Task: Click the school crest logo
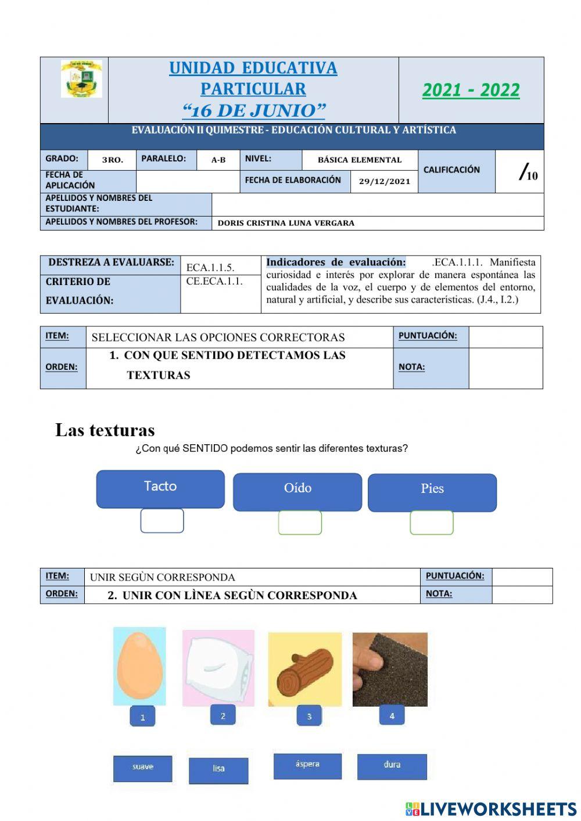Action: tap(81, 78)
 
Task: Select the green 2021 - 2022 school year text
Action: tap(471, 90)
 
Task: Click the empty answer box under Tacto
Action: tap(162, 521)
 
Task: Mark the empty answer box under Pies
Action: tap(432, 523)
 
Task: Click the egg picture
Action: tap(139, 666)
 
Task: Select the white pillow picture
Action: tap(218, 668)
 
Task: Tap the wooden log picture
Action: tap(305, 669)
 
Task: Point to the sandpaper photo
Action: tap(390, 669)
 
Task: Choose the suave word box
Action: tap(143, 768)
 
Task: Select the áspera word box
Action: tap(307, 765)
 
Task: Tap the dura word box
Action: tap(392, 766)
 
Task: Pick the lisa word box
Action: tap(218, 770)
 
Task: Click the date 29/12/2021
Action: tap(385, 181)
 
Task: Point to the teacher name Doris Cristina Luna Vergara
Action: tap(286, 223)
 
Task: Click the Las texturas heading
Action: tap(105, 430)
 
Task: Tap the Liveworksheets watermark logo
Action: tap(491, 809)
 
